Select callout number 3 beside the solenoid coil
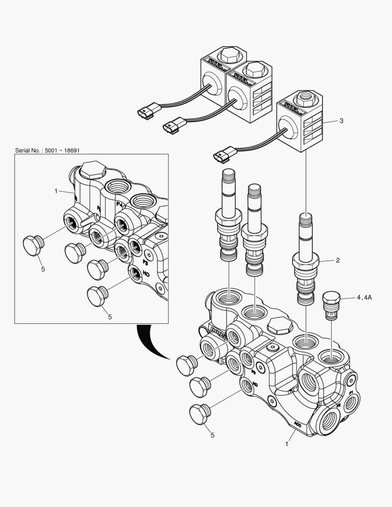(x=341, y=121)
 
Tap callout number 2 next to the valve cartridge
(x=337, y=260)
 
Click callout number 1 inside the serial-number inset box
(x=56, y=191)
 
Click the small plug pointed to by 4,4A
(x=331, y=305)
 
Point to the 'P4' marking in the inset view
(x=119, y=205)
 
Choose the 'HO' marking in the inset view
(x=146, y=273)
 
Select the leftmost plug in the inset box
(x=33, y=245)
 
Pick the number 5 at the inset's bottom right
(x=110, y=317)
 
